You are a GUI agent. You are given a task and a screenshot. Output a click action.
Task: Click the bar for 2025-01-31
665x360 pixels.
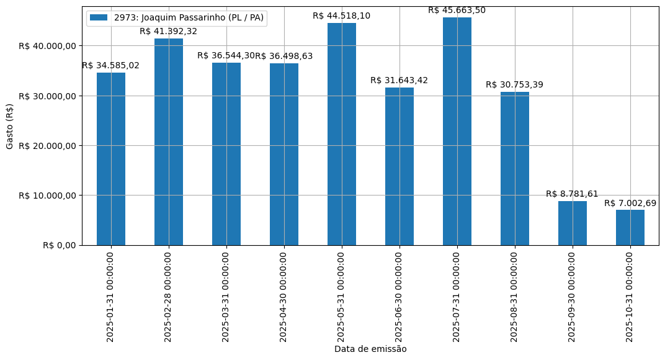[111, 159]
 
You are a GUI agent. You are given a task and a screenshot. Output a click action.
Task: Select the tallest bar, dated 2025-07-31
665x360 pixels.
[457, 131]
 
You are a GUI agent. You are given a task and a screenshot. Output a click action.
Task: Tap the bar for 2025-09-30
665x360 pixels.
[573, 223]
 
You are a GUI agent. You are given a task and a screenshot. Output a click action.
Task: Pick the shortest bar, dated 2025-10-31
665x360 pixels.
[630, 227]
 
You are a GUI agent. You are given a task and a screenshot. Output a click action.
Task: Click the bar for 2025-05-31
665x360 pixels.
[342, 134]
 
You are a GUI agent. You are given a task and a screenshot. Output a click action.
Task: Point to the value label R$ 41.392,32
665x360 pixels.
[169, 31]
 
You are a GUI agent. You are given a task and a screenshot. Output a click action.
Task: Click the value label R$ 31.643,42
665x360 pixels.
[399, 80]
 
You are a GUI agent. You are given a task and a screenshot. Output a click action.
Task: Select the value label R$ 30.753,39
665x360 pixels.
[515, 84]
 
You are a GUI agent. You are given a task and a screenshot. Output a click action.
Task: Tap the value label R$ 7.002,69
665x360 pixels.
[630, 203]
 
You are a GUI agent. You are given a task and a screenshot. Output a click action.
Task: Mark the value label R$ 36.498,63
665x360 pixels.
[284, 56]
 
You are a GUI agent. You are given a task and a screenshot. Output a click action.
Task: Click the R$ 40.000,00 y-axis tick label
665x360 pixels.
[47, 46]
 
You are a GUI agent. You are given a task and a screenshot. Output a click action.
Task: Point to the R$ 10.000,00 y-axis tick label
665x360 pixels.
[47, 196]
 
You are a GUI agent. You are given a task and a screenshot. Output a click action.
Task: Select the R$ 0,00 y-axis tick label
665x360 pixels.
[59, 245]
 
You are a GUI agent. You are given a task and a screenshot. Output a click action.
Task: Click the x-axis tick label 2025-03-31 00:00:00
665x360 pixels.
[226, 297]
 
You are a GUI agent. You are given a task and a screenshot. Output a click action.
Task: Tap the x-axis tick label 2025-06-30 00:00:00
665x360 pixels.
[399, 297]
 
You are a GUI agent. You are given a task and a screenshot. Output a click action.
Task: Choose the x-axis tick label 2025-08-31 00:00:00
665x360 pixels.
[515, 297]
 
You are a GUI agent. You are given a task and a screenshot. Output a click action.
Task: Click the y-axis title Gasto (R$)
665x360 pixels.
[10, 126]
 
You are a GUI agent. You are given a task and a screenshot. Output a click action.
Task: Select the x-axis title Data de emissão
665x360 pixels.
[370, 349]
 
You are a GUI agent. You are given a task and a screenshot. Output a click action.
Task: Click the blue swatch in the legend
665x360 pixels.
[99, 17]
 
